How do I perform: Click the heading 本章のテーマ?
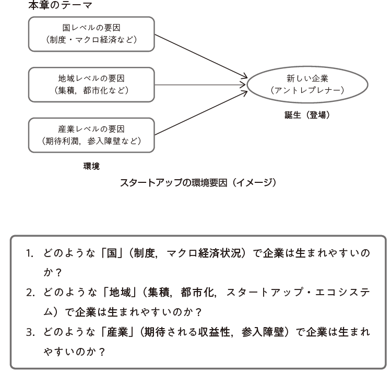pos(60,5)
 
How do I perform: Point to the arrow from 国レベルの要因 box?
pos(201,56)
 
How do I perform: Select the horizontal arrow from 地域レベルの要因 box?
pos(200,85)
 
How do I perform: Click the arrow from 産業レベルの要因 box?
pos(201,113)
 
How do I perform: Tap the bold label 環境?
pos(91,166)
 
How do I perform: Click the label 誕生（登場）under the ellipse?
pos(307,115)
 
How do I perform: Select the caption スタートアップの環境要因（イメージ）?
pos(198,183)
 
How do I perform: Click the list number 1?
pos(30,254)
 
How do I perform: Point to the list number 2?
pos(30,293)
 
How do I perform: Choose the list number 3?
pos(30,332)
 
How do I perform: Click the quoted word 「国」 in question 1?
pos(112,253)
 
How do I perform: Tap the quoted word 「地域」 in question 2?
pos(120,292)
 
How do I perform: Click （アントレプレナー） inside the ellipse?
pos(307,90)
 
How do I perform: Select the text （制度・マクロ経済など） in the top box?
pos(91,40)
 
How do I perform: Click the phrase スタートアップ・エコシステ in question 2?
pos(298,292)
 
